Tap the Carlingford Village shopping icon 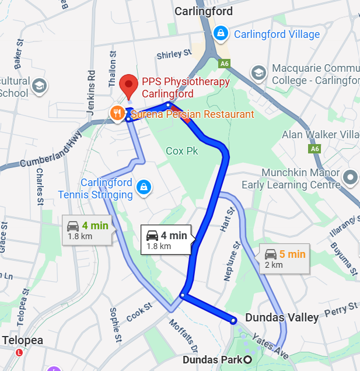point(221,34)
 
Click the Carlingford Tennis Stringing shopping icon point(142,187)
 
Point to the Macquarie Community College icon point(258,73)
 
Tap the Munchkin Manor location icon point(350,176)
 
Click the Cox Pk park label point(182,151)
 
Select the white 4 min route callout point(166,240)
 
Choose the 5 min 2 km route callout point(284,258)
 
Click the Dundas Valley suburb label point(282,317)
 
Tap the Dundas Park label point(212,359)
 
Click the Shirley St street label point(174,54)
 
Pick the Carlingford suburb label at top point(204,12)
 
